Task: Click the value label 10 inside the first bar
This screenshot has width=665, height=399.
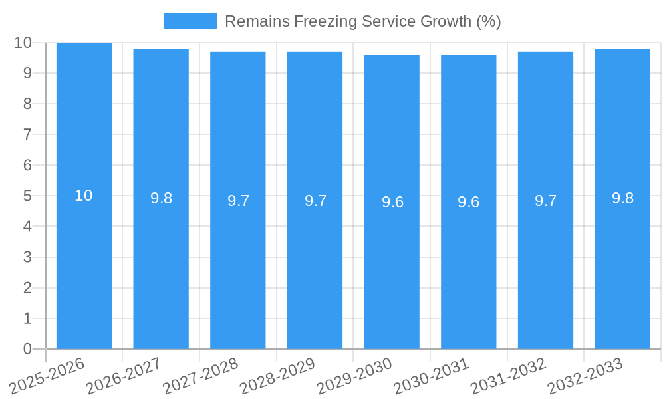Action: pyautogui.click(x=84, y=196)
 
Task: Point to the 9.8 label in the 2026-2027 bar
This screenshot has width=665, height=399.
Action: pyautogui.click(x=161, y=198)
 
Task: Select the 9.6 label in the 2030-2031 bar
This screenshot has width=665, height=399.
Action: pyautogui.click(x=469, y=202)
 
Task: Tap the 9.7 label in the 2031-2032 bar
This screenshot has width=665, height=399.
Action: pyautogui.click(x=545, y=201)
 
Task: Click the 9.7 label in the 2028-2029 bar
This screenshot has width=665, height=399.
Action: pyautogui.click(x=315, y=201)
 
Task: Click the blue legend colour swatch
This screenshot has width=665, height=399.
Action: pyautogui.click(x=190, y=21)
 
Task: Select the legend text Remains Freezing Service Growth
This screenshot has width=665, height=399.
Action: pyautogui.click(x=362, y=21)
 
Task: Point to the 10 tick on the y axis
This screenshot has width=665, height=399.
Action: pyautogui.click(x=23, y=43)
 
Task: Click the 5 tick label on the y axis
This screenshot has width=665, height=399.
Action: pyautogui.click(x=27, y=196)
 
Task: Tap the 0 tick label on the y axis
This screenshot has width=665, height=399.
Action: pyautogui.click(x=27, y=349)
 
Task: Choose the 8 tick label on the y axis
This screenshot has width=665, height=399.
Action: pyautogui.click(x=27, y=104)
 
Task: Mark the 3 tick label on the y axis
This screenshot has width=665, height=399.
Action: pyautogui.click(x=27, y=257)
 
